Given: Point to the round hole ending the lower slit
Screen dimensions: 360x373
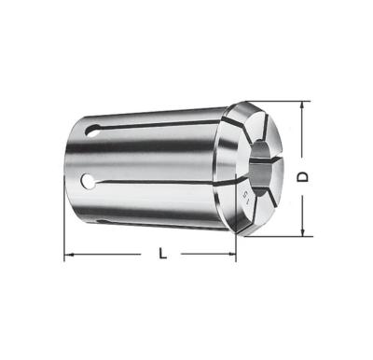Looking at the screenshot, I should pos(90,179).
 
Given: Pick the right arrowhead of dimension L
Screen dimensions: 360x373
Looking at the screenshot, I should pos(232,253).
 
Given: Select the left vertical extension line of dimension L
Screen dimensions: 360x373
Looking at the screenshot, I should pos(64,228).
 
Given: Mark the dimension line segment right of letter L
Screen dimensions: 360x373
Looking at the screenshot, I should pos(205,253).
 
